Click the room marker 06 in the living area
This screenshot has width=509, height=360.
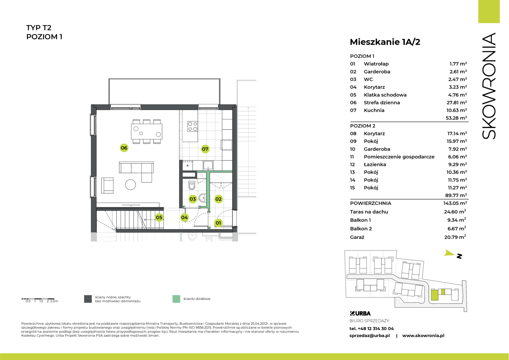coord(124,148)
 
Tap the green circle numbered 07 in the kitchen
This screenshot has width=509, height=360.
coord(205,149)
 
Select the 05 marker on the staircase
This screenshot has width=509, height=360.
coord(159,217)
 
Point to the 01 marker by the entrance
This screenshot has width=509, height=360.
coord(219,223)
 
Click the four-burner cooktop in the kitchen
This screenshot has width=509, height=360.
coord(193,126)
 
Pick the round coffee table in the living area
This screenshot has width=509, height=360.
coord(131,185)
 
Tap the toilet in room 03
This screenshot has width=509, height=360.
coord(192,185)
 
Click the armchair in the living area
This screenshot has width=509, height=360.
coord(107,185)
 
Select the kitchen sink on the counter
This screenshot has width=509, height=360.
coord(208,165)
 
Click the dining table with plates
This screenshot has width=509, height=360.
coord(147,131)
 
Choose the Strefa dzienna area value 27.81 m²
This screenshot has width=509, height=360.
coord(457,103)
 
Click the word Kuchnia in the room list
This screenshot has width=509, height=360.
coord(374,110)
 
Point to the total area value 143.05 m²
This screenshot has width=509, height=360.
coord(455,203)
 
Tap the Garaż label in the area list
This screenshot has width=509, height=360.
coord(357,237)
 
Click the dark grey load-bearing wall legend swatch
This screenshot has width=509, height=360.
coord(88,299)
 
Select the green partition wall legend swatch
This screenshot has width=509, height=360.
coord(176,299)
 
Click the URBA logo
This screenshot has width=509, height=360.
coord(360,313)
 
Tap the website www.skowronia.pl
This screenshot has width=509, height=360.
coord(423,335)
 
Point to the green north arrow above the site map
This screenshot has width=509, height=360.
coord(449,253)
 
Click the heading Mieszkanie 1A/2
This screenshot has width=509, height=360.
coord(385,42)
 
